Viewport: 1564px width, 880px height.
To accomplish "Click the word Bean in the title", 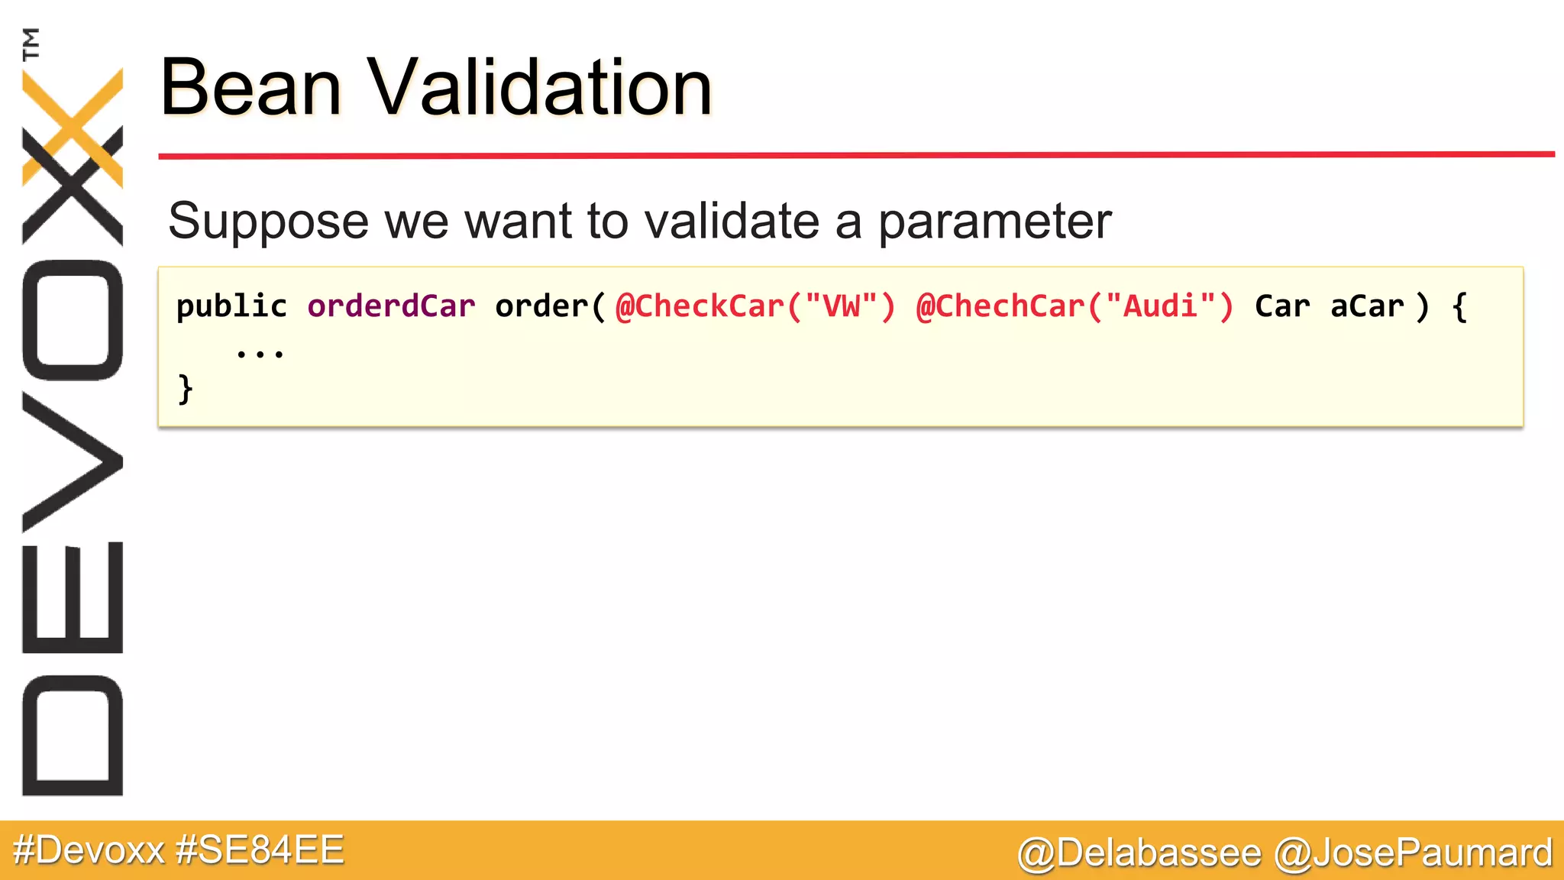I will (250, 89).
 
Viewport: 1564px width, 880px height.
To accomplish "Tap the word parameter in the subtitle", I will (994, 222).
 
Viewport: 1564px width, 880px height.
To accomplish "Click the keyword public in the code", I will (231, 307).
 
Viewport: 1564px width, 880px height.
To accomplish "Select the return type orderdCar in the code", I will (391, 306).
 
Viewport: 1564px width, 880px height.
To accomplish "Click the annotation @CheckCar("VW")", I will (755, 306).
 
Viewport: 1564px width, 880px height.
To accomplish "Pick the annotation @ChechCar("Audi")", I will (1074, 306).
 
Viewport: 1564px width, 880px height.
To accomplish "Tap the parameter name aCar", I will (1366, 306).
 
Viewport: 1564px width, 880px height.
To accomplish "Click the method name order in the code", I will (541, 306).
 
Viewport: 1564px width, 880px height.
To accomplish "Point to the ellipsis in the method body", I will (260, 354).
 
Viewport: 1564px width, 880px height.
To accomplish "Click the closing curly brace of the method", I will (185, 390).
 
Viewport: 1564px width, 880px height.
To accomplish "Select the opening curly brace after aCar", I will (1459, 307).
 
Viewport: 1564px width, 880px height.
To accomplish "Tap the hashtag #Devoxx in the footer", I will (89, 850).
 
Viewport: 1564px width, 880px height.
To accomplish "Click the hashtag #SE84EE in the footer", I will (260, 850).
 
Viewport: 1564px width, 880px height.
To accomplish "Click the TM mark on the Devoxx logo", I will (31, 44).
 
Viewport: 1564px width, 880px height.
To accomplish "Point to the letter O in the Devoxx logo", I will (73, 320).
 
